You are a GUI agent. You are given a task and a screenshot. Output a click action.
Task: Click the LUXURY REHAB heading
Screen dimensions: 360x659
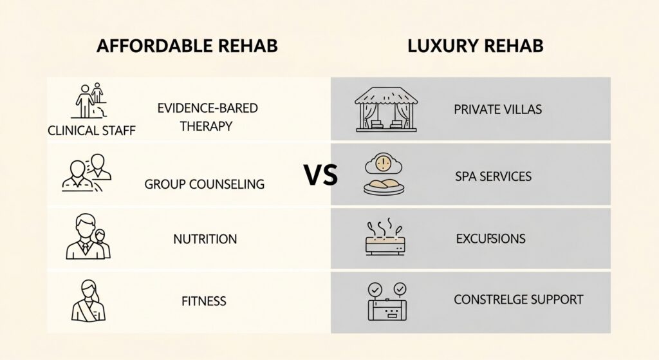pos(476,46)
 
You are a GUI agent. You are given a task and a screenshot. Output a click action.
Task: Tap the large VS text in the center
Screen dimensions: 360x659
pos(320,175)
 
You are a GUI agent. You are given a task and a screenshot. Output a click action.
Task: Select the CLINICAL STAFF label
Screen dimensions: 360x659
pos(92,131)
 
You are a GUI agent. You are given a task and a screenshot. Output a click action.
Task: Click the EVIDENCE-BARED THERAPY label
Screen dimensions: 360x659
pos(207,117)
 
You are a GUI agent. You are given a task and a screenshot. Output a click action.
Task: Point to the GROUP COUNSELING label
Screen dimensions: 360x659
pos(205,184)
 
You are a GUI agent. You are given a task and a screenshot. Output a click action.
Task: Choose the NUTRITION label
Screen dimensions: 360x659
pos(205,239)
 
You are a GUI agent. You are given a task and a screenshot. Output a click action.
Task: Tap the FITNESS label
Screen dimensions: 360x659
pos(203,300)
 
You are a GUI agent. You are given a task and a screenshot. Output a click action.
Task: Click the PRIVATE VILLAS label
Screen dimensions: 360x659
pos(497,109)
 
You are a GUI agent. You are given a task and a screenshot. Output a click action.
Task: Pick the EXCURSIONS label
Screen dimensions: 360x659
pos(490,239)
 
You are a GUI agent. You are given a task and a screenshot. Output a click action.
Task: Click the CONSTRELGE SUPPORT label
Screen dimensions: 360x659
pos(519,299)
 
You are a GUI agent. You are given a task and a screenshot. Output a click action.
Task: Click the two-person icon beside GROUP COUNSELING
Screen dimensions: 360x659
pos(88,173)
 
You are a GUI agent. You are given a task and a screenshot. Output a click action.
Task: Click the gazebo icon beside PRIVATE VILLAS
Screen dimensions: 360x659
pos(386,109)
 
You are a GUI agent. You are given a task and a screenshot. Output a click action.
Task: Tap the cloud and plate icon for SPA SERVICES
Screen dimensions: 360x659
pos(384,174)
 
